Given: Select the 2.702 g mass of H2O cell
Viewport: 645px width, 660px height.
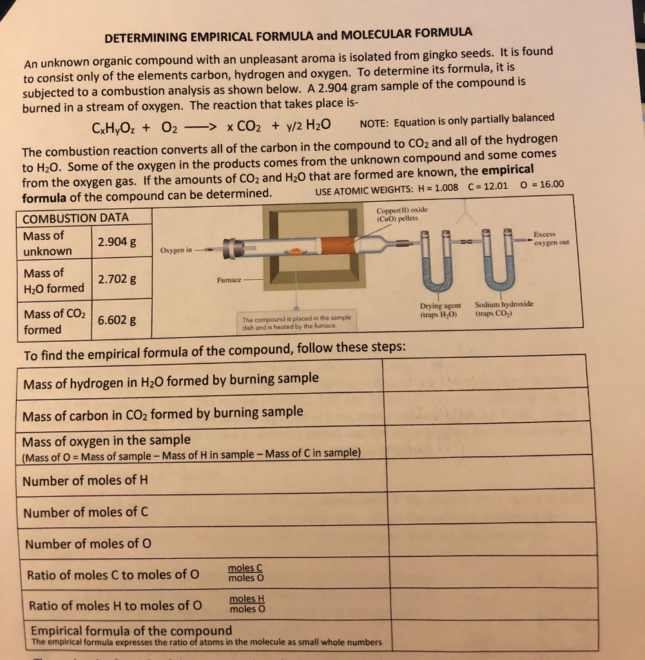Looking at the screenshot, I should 117,280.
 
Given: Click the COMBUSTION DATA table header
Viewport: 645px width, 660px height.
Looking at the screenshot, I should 75,218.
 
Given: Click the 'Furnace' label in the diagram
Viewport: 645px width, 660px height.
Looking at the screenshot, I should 229,281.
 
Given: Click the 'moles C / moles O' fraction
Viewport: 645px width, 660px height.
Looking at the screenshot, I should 245,573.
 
